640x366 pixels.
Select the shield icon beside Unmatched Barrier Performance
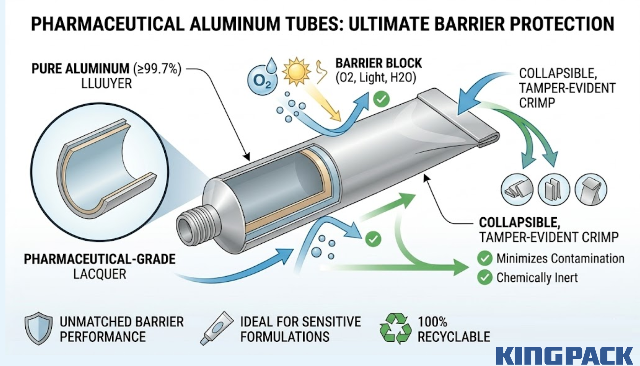pos(38,328)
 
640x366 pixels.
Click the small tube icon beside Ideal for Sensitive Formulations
pos(216,328)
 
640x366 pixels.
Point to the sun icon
pos(296,71)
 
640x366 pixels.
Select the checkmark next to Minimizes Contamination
pos(485,258)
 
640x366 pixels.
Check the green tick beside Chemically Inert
pos(485,278)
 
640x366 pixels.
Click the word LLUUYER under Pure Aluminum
pos(106,84)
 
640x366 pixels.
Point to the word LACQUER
pos(100,274)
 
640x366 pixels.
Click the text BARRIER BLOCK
pos(379,63)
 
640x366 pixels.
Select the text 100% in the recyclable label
pos(432,322)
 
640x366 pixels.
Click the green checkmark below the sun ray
pos(381,99)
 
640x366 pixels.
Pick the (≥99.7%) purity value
pos(157,68)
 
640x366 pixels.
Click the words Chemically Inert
pos(537,278)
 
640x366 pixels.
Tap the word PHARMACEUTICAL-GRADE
pos(100,259)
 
